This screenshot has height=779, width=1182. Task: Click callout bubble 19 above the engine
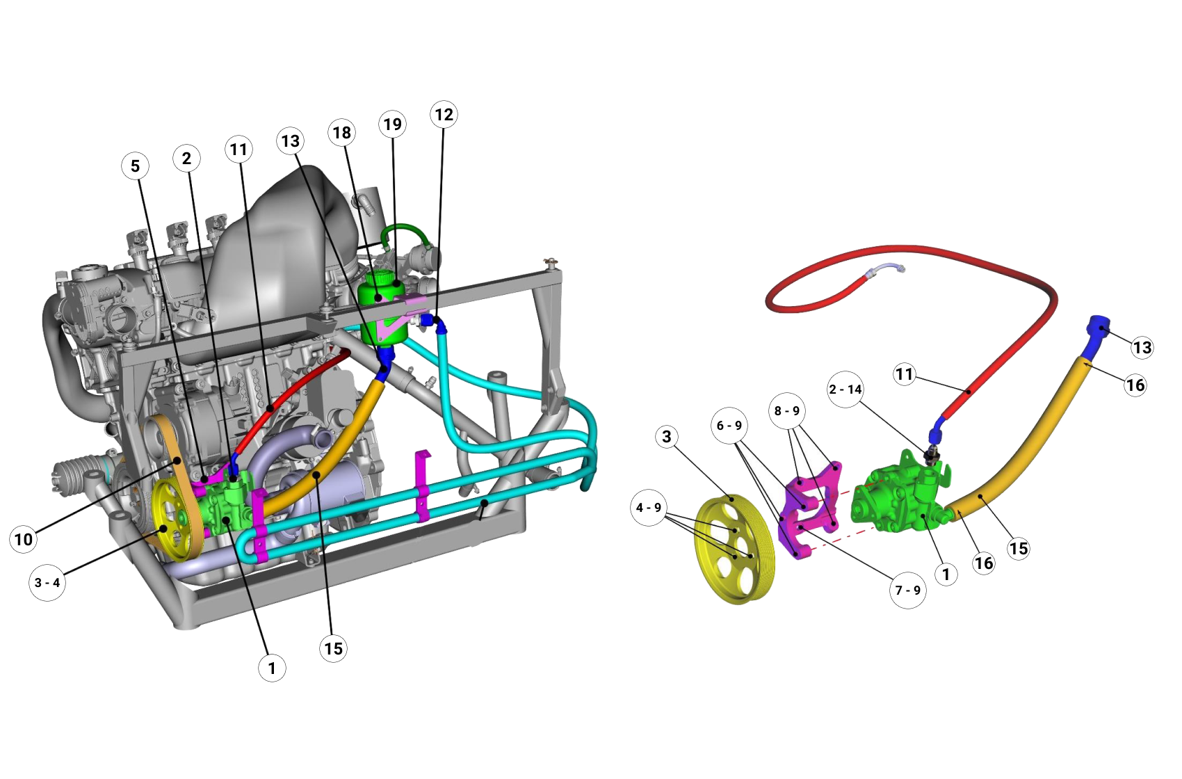pos(393,125)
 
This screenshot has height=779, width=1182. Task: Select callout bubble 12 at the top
pos(444,115)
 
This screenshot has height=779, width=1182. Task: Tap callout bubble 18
pos(341,133)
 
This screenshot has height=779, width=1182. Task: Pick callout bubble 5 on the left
pos(135,166)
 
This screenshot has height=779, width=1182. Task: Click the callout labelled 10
pos(24,539)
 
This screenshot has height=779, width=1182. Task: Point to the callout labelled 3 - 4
pos(47,583)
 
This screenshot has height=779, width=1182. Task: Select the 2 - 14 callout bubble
pos(845,389)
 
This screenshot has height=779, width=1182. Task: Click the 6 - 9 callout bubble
pos(729,425)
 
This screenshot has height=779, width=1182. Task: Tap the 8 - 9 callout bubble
pos(787,411)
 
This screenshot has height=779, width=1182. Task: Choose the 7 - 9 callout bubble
pos(908,591)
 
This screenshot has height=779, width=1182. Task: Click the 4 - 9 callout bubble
pos(649,508)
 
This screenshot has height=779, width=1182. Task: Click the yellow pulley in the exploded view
pos(734,549)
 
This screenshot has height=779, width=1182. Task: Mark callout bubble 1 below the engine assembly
pos(272,668)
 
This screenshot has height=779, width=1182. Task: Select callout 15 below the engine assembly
pos(333,649)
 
